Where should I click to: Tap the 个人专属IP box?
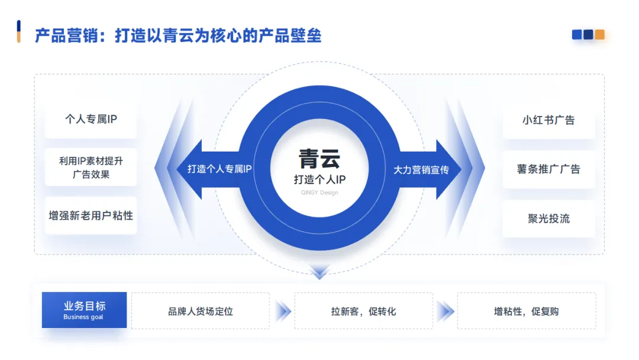point(91,119)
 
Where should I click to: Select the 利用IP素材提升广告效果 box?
point(91,167)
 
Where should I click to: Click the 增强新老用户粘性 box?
point(91,216)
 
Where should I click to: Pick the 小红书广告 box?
point(548,120)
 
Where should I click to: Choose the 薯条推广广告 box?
point(548,169)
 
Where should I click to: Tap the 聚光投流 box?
point(548,218)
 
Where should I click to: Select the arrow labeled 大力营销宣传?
point(422,170)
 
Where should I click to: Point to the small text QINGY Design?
point(319,193)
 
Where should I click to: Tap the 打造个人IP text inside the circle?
point(319,179)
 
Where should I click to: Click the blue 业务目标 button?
point(84,310)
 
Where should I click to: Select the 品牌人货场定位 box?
point(201,311)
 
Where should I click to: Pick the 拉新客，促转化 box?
point(363,311)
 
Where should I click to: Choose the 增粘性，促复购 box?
point(527,311)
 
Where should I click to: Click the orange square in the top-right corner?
point(599,35)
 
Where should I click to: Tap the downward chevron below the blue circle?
point(319,271)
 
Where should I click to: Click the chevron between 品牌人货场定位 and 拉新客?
point(283,311)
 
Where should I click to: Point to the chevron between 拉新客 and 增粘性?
point(445,311)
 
